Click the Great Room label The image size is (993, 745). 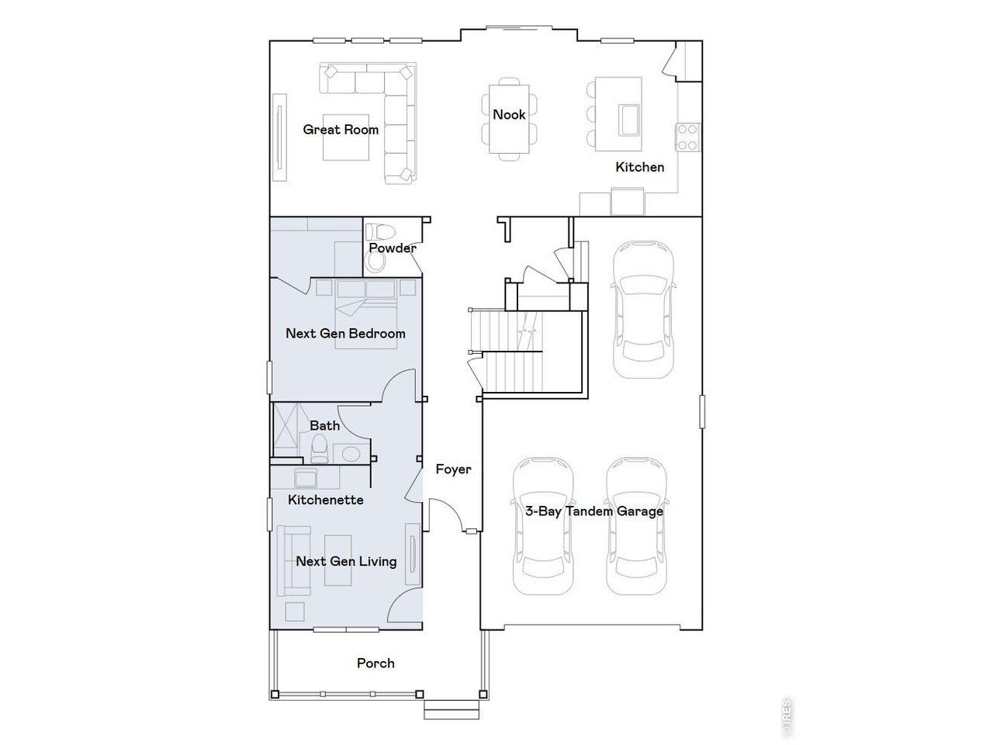point(341,130)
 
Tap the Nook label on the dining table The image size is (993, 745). point(509,115)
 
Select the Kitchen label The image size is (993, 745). point(639,167)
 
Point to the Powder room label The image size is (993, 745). point(392,248)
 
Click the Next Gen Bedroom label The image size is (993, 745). point(345,334)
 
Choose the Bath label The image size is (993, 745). point(324,425)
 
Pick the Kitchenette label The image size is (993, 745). point(325,500)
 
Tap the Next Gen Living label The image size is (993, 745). point(346,561)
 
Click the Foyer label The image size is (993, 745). point(453,469)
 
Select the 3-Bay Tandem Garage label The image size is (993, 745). point(593,511)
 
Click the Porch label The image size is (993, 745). point(375,664)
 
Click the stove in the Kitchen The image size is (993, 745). point(687,137)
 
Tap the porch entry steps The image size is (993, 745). point(452,709)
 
